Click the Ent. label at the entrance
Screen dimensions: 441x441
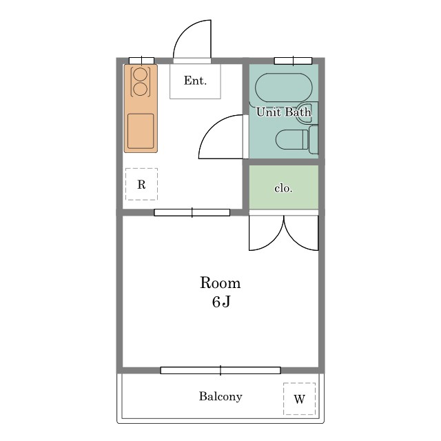point(195,81)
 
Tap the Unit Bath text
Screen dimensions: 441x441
point(283,112)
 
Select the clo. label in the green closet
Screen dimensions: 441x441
point(283,188)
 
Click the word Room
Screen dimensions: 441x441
point(220,283)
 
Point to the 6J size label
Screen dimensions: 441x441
point(221,302)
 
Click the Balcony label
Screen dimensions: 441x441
point(220,397)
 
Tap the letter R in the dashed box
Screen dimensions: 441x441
point(141,185)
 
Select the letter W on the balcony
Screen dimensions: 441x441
point(299,399)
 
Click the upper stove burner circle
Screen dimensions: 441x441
point(140,74)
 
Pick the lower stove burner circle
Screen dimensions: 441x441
point(140,89)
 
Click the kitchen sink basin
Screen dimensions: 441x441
point(141,131)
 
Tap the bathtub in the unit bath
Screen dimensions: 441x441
point(284,88)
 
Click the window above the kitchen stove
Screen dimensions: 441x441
point(141,61)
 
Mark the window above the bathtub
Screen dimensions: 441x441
point(293,61)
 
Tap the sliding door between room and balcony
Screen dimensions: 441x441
point(220,371)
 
